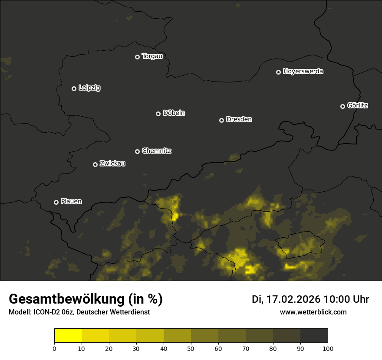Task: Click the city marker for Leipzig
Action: point(74,88)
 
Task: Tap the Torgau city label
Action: point(152,56)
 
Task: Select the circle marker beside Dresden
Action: point(221,120)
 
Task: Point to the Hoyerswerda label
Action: point(303,72)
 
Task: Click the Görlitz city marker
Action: point(342,106)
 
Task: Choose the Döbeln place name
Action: point(174,113)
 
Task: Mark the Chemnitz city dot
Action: point(137,151)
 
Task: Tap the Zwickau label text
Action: point(112,164)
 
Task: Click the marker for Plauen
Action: point(56,202)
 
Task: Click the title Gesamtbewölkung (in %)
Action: point(86,299)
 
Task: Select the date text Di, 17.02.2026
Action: point(286,299)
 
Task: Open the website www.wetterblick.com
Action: point(313,312)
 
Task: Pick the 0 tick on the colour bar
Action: point(54,348)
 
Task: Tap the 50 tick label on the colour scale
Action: point(191,348)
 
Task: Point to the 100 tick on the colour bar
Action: point(328,348)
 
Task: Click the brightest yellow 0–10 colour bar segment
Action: point(68,336)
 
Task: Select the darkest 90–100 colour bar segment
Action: point(314,336)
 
